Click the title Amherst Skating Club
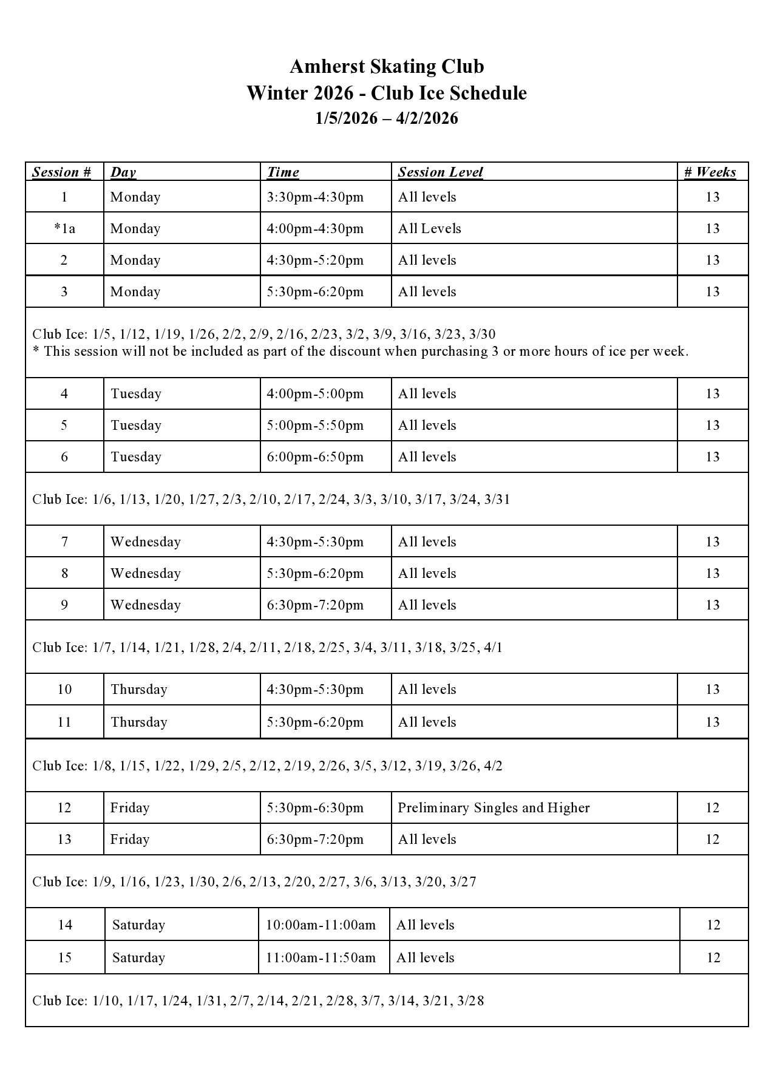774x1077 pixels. click(387, 66)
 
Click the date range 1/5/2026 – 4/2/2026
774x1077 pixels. click(387, 118)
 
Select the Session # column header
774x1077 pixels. click(61, 172)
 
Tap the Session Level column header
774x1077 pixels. click(440, 172)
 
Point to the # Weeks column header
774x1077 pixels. click(710, 172)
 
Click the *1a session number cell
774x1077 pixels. click(64, 228)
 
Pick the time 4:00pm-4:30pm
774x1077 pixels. click(315, 228)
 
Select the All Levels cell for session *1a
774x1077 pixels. click(429, 228)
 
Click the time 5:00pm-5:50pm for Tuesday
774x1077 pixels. click(315, 425)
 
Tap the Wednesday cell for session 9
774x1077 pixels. click(146, 605)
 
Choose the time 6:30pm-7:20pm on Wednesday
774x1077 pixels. click(315, 605)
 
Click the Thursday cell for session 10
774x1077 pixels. click(138, 689)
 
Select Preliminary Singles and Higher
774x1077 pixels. click(494, 807)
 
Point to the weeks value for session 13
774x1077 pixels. click(713, 839)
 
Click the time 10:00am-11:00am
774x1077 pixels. click(321, 925)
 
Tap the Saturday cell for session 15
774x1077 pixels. click(138, 957)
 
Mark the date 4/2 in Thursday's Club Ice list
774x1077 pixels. click(493, 766)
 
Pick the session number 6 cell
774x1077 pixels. click(64, 457)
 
